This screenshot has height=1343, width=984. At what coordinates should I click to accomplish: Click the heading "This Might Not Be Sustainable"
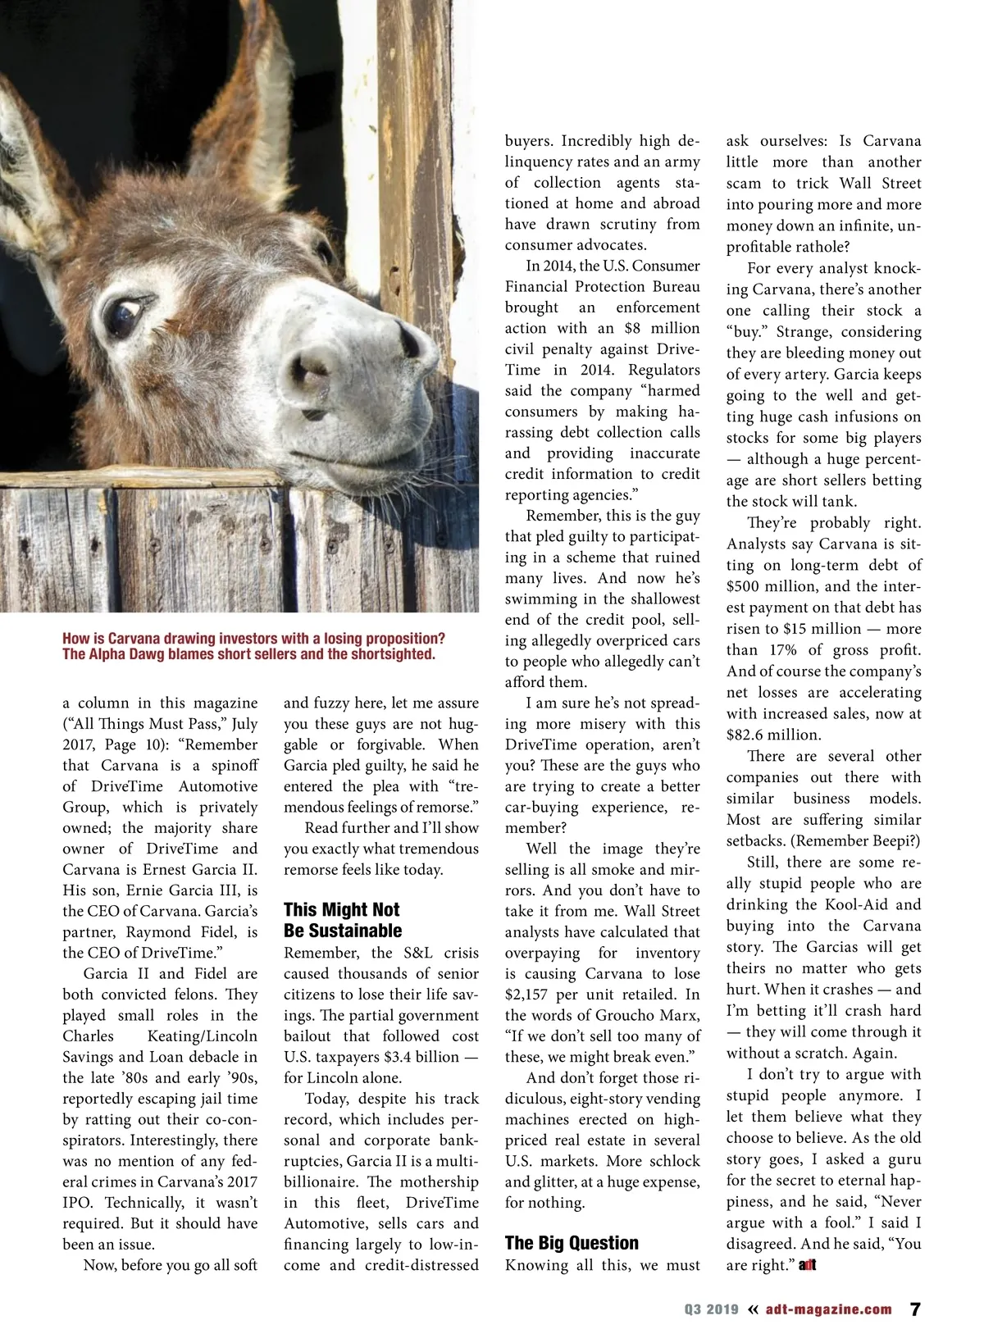coord(342,920)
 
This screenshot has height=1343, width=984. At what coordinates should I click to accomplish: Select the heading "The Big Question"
coord(572,1243)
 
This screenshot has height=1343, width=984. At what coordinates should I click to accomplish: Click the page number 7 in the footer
coord(916,1309)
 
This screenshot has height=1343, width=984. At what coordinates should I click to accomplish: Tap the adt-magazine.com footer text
coord(828,1309)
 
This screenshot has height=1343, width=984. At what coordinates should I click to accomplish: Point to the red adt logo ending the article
coord(808,1265)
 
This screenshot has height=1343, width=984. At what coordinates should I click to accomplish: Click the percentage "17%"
coord(780,650)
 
